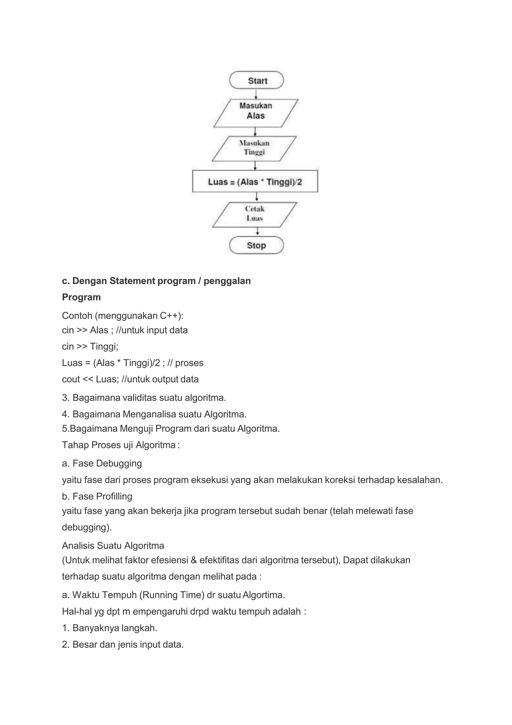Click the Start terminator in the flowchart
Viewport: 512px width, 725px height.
256,80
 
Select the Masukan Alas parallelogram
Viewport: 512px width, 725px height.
255,113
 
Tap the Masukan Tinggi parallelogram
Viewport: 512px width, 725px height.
254,148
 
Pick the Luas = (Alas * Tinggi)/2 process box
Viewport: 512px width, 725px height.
255,181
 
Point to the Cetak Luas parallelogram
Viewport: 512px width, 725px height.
254,215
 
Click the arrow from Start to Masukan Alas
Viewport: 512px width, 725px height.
256,94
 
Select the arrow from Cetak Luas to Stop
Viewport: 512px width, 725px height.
257,232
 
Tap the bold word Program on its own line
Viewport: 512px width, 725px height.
81,297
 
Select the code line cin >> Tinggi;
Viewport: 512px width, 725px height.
90,346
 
